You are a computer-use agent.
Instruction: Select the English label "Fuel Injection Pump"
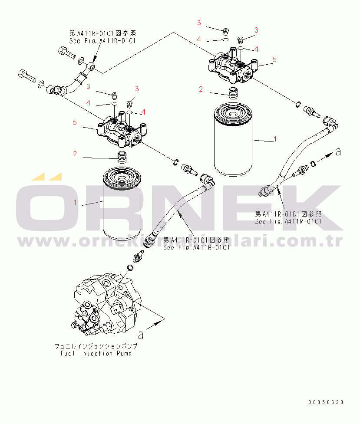(96, 353)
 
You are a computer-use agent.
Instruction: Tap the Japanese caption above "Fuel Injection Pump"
(96, 346)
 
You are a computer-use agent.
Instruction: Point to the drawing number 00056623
(326, 402)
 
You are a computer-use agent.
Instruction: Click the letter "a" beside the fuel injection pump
(140, 334)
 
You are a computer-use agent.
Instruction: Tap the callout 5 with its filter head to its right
(75, 123)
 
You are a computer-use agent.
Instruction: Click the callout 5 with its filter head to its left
(274, 59)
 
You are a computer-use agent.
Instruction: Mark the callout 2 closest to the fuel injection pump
(75, 153)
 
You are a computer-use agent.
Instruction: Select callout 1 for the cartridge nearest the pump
(75, 203)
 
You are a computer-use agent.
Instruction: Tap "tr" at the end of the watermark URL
(335, 242)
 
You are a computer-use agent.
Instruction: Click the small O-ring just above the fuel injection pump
(130, 267)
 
